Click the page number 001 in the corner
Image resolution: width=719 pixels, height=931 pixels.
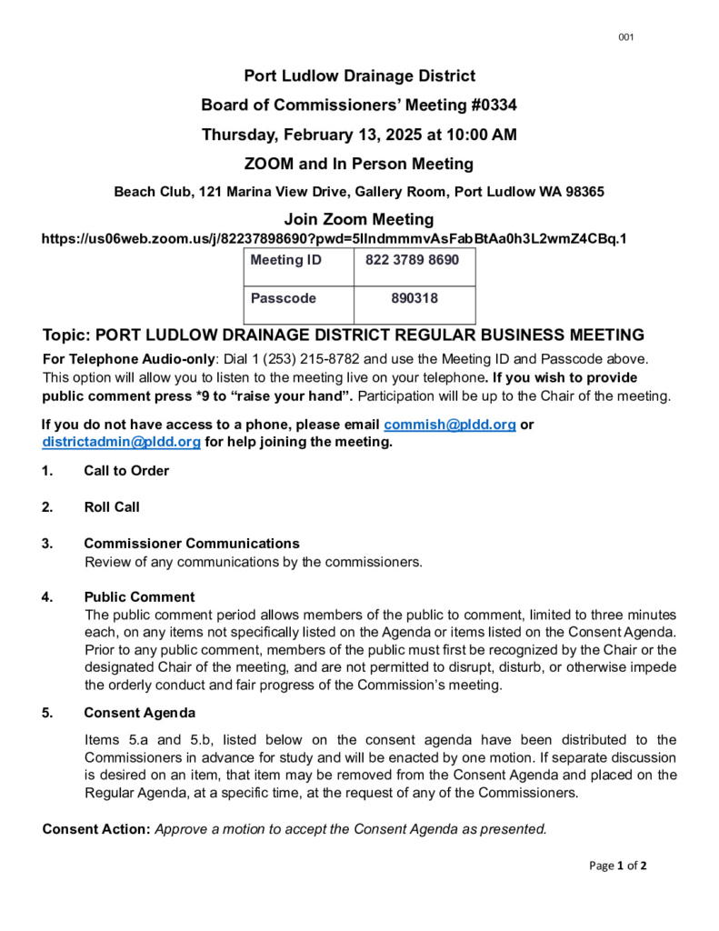(625, 37)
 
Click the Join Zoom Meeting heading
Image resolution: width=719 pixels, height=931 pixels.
(359, 219)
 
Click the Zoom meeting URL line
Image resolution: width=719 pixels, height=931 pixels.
(335, 239)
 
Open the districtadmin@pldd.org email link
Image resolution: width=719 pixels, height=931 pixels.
(121, 442)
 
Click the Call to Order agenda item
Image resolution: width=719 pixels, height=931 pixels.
(126, 471)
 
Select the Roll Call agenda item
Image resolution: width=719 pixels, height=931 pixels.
(112, 507)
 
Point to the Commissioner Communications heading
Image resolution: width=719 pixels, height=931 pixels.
(192, 544)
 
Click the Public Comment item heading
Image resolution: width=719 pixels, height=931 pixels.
(139, 597)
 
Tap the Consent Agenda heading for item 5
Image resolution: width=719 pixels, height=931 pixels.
(139, 713)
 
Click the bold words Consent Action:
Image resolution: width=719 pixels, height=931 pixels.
(96, 828)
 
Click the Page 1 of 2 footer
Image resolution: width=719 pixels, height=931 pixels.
(617, 866)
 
